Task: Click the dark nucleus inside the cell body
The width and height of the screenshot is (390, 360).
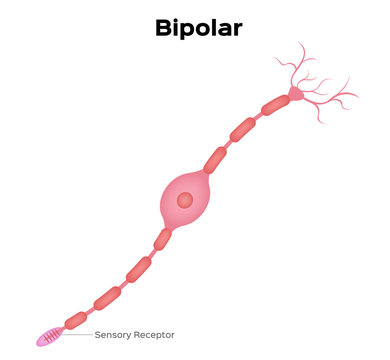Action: (x=185, y=200)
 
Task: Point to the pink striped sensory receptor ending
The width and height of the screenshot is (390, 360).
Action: (x=49, y=337)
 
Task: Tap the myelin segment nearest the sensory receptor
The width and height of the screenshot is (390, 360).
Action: (x=75, y=320)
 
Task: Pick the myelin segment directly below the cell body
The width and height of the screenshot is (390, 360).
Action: (x=161, y=239)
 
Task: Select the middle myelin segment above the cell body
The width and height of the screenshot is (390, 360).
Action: (x=243, y=130)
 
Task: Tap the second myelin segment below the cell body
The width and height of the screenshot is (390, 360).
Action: (x=138, y=268)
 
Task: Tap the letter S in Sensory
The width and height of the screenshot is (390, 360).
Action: (x=97, y=335)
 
